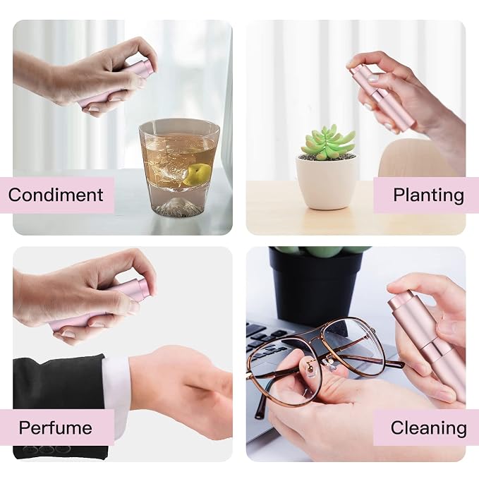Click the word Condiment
(56, 195)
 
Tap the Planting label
(428, 195)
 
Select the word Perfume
(55, 428)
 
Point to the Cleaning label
(428, 428)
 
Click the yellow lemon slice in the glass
(198, 174)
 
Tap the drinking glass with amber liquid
(178, 169)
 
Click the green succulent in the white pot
(328, 143)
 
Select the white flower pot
(326, 182)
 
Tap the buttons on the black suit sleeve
(47, 449)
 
